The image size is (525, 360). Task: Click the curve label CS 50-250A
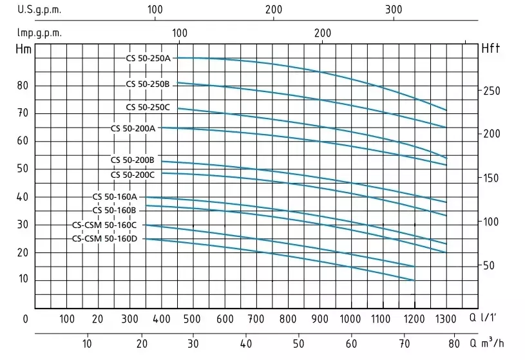point(148,58)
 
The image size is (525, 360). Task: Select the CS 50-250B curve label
point(148,84)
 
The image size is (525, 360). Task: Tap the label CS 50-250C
point(148,107)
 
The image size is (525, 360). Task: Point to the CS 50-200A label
point(133,128)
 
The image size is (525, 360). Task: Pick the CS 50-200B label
point(133,160)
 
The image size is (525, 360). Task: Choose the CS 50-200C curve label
point(133,175)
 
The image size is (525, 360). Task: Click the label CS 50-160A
point(115,196)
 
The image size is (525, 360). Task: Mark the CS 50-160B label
point(115,210)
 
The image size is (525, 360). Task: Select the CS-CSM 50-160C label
point(105,225)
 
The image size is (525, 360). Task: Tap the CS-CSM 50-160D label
point(105,239)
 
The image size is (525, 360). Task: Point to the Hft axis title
point(491,49)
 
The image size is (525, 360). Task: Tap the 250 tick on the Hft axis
point(492,91)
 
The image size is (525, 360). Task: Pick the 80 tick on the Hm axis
point(23,86)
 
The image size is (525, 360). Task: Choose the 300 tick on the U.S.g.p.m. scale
point(394,10)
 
